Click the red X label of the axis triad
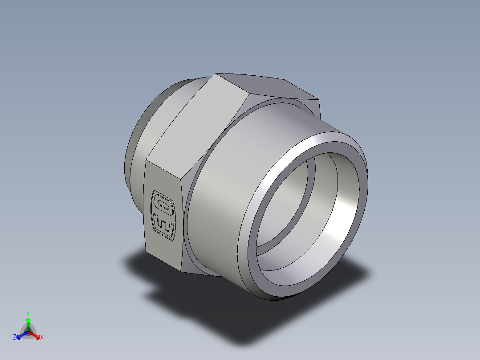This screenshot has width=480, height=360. pyautogui.click(x=42, y=338)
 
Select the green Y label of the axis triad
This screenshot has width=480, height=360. pyautogui.click(x=28, y=313)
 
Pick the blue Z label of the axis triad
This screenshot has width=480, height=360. pyautogui.click(x=15, y=338)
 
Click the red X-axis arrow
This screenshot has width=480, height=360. pyautogui.click(x=36, y=335)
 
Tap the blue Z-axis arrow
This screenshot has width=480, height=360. pyautogui.click(x=20, y=335)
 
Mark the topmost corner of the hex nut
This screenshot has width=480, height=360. pyautogui.click(x=216, y=74)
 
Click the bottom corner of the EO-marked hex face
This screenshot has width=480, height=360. pyautogui.click(x=182, y=271)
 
